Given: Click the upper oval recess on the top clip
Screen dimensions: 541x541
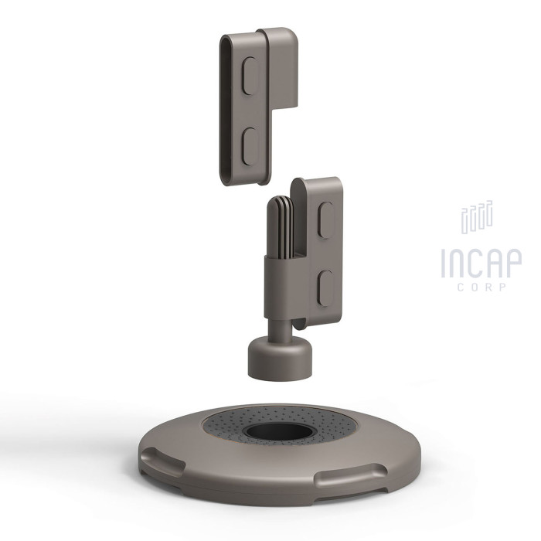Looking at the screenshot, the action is click(250, 76).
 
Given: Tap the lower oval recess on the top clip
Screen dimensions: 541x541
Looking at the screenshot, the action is click(250, 146).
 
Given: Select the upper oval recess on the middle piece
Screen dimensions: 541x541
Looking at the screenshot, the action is click(326, 220).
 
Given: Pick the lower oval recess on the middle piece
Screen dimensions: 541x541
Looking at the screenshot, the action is click(325, 288).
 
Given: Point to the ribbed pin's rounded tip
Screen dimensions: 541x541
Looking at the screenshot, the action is click(281, 200).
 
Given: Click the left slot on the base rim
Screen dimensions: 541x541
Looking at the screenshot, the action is click(162, 461).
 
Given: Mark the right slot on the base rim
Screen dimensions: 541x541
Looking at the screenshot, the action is click(352, 475).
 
